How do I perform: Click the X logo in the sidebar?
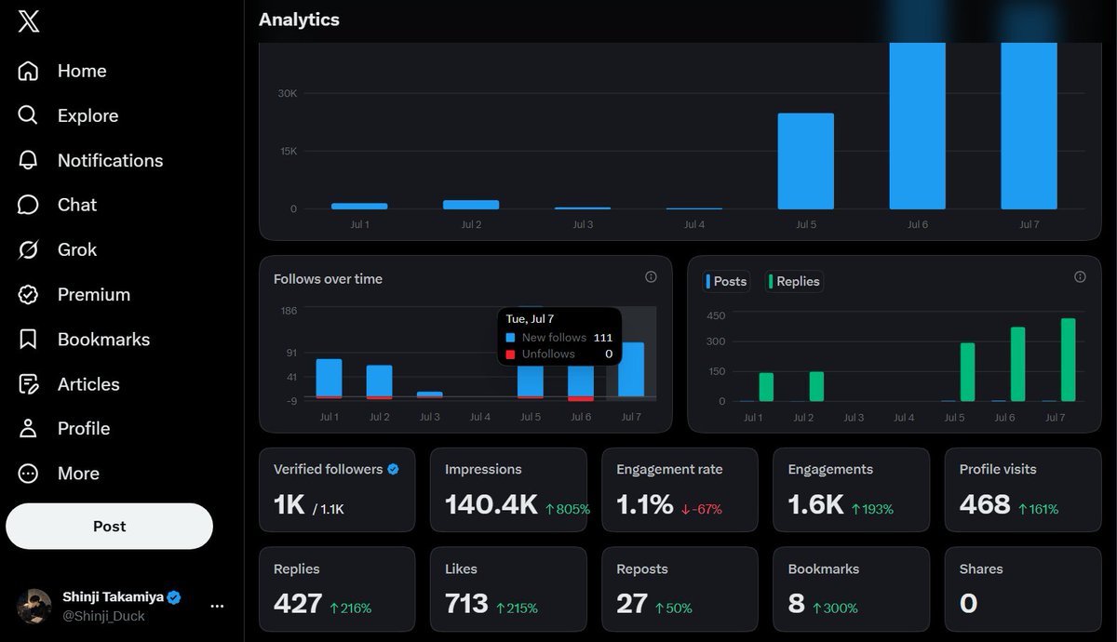(x=29, y=21)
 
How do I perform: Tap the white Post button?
(x=109, y=526)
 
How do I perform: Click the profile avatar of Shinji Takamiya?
(x=34, y=606)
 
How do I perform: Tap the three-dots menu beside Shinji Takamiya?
(x=217, y=606)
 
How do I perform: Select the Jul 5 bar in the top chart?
(x=806, y=161)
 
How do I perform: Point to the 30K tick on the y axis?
(x=288, y=93)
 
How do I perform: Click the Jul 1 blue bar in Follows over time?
(x=330, y=379)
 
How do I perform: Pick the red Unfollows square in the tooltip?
(x=510, y=354)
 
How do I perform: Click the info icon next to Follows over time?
(x=651, y=277)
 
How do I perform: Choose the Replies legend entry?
(x=794, y=281)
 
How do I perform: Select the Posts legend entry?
(x=726, y=281)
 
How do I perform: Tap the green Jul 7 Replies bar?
(x=1069, y=360)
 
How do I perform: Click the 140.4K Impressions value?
(x=491, y=504)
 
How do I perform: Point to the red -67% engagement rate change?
(x=702, y=509)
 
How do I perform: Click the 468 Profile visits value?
(x=985, y=504)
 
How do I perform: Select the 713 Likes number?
(x=466, y=604)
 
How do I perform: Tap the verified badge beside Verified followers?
(x=393, y=469)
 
